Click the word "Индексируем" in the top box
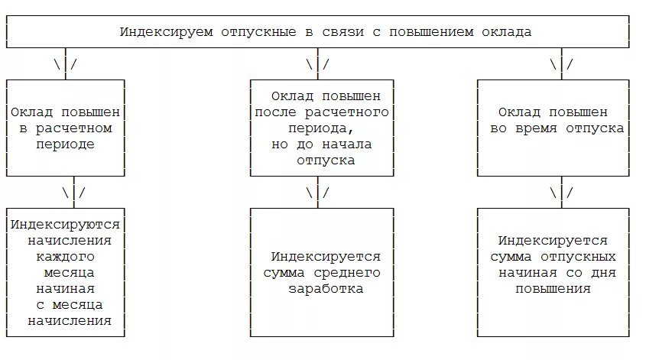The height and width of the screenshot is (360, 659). [x=157, y=32]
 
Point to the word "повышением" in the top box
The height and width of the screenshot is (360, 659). [x=433, y=32]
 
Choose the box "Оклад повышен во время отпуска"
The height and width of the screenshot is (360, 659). [x=556, y=128]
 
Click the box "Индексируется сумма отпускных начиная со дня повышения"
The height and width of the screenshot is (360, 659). [x=556, y=272]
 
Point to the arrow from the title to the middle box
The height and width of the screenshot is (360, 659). [x=317, y=65]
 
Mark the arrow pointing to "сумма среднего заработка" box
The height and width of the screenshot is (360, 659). [x=317, y=193]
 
